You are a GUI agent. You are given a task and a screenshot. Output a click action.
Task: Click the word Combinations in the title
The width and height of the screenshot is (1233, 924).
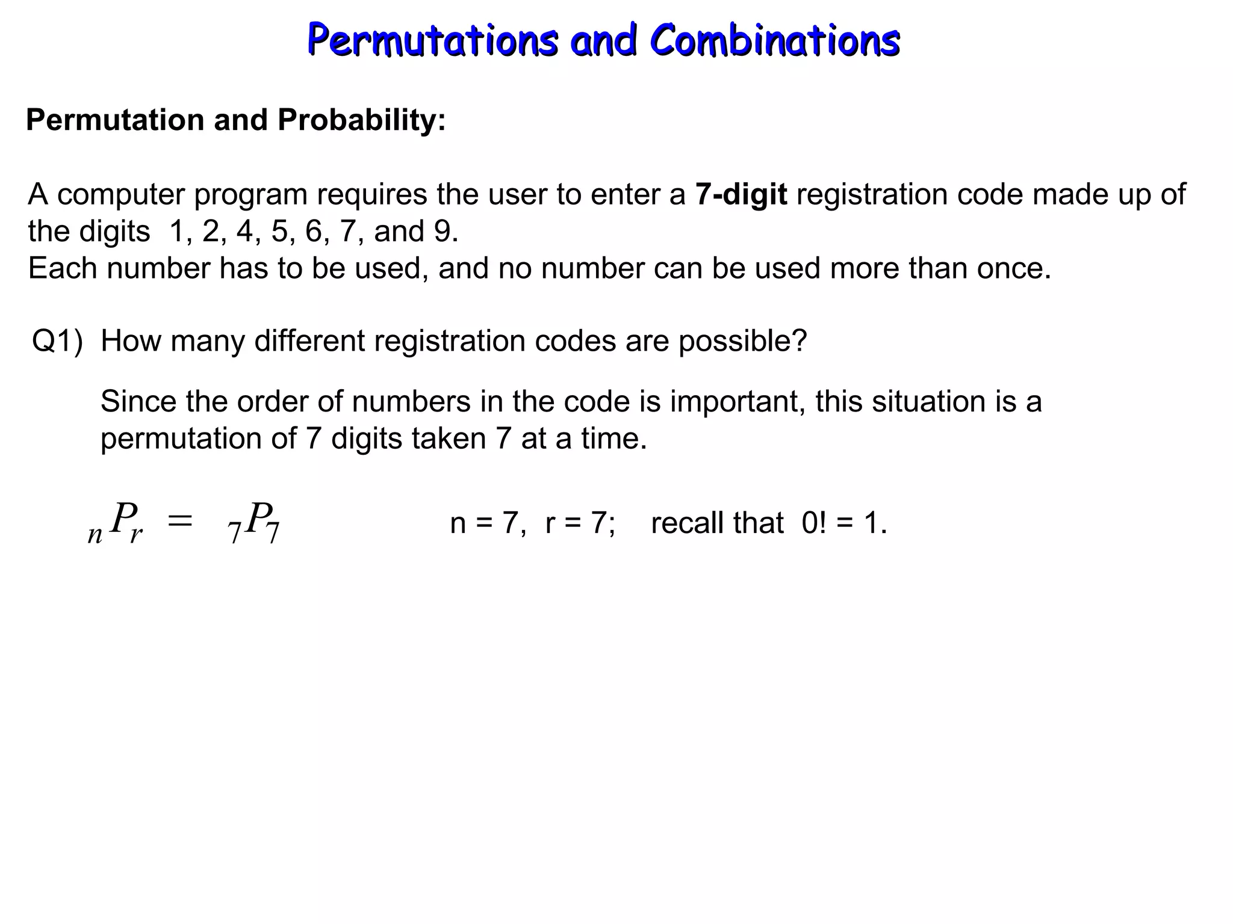(x=775, y=41)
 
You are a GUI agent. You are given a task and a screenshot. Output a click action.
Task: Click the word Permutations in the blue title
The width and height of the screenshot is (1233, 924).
(x=432, y=41)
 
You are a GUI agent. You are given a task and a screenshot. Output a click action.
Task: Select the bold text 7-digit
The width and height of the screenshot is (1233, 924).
(x=741, y=194)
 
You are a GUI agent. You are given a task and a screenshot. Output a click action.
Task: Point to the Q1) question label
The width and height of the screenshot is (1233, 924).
(x=57, y=341)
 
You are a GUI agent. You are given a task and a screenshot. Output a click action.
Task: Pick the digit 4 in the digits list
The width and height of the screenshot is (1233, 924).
(x=244, y=232)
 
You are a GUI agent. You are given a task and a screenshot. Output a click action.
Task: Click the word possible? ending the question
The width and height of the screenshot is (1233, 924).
(x=742, y=341)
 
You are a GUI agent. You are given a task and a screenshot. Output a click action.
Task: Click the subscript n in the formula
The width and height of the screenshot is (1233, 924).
(x=95, y=534)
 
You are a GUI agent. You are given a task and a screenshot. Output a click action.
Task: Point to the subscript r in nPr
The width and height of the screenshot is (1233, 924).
(x=136, y=534)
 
